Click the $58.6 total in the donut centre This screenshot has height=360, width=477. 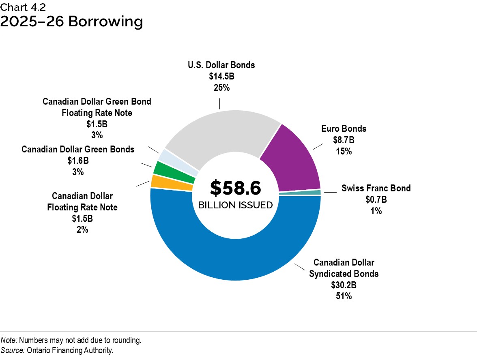pos(235,188)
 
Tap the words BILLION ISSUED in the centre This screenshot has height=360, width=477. pos(235,205)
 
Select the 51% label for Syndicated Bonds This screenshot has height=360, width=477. pos(344,296)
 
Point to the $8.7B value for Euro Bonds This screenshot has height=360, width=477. pos(344,140)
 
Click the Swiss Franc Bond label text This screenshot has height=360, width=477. pos(376,188)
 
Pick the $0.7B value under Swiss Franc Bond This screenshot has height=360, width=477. pos(376,199)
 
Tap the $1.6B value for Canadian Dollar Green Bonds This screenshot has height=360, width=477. pos(78,161)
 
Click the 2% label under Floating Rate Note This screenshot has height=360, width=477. pos(82,230)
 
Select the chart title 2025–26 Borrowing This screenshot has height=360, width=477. pos(71,22)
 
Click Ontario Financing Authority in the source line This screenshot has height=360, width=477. pos(70,350)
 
